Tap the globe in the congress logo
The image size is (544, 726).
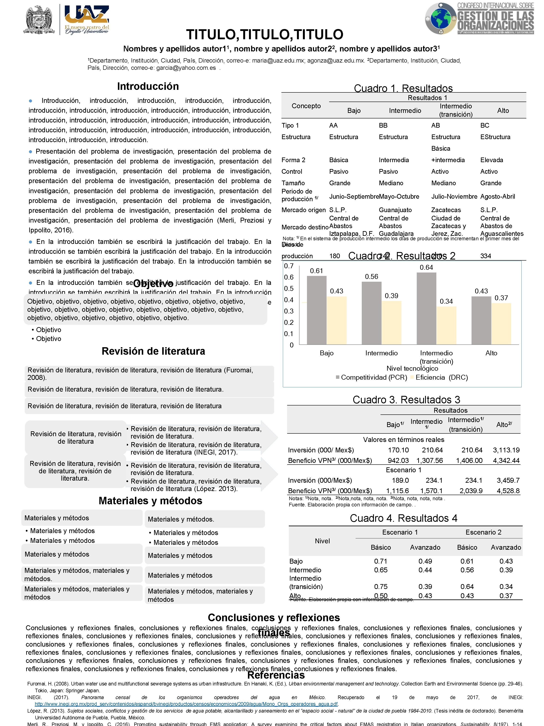(440, 19)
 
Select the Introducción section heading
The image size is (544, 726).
(148, 86)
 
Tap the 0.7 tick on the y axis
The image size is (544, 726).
(289, 266)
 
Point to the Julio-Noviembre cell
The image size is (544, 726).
(454, 197)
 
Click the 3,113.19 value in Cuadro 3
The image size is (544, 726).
(506, 450)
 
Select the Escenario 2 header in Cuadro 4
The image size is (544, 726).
(483, 532)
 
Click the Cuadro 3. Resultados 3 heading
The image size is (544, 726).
(406, 400)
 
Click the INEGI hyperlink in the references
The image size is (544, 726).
(186, 704)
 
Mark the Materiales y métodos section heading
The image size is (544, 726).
(150, 501)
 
